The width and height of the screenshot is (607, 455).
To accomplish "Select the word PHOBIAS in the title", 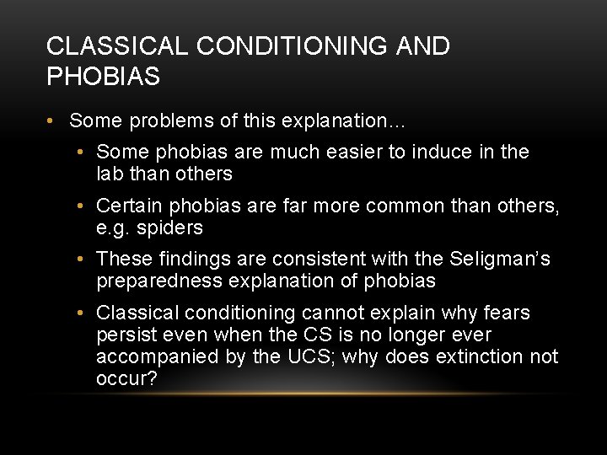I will coord(103,77).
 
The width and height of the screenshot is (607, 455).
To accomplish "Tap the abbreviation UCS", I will coord(307,356).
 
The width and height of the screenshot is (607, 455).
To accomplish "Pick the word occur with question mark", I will coord(126,378).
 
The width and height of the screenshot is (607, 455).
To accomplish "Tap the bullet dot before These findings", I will coord(79,260).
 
